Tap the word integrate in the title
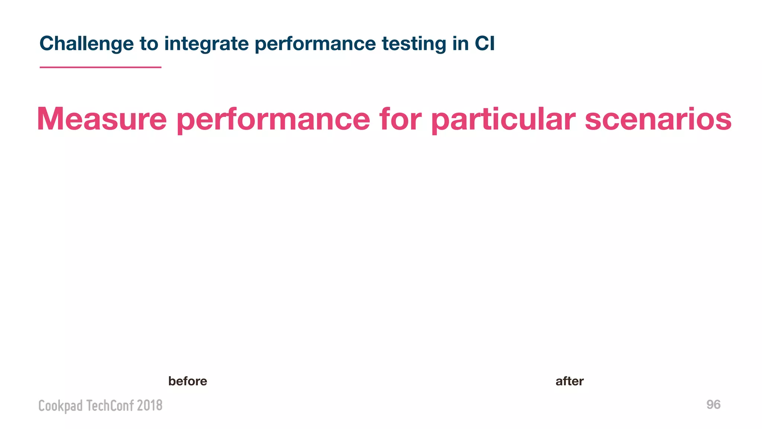pos(206,44)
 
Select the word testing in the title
pos(414,44)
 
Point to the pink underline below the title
pos(100,67)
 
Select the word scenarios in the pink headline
pos(658,119)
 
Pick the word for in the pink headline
pos(400,119)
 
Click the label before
pos(188,381)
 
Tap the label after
pos(569,381)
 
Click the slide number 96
pos(713,404)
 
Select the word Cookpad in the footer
pos(60,406)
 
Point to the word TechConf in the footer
pos(110,405)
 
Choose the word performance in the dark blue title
pos(315,44)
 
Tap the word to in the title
pos(149,44)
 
